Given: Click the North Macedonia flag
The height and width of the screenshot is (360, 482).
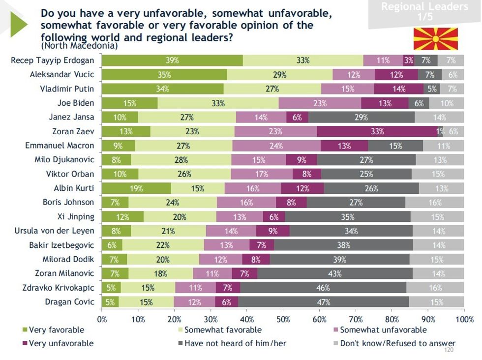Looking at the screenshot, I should pyautogui.click(x=435, y=39).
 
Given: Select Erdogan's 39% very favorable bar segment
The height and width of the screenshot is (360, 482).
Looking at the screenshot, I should pyautogui.click(x=172, y=60).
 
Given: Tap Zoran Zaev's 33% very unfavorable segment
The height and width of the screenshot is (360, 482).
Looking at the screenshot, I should pyautogui.click(x=377, y=131).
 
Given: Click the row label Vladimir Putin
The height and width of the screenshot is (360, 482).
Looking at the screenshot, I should pyautogui.click(x=67, y=89).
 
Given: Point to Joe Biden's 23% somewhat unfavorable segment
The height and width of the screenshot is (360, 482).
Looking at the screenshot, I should pyautogui.click(x=320, y=103).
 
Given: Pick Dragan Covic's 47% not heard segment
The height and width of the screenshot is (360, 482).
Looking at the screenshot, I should pyautogui.click(x=324, y=302).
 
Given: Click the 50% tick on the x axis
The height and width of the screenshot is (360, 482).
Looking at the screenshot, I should pyautogui.click(x=283, y=319).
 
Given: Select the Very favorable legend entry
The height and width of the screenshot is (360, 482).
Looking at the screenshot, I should pyautogui.click(x=53, y=330).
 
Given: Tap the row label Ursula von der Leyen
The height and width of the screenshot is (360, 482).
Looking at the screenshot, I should pyautogui.click(x=55, y=231).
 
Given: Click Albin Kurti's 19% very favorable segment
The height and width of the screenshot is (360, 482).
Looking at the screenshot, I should pyautogui.click(x=136, y=188).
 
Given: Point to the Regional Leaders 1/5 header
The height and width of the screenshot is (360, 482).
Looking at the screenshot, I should pyautogui.click(x=424, y=11).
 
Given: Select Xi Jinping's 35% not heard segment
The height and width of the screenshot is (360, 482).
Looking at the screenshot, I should pyautogui.click(x=347, y=217).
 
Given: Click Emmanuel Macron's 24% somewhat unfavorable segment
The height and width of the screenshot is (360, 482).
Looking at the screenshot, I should pyautogui.click(x=276, y=146).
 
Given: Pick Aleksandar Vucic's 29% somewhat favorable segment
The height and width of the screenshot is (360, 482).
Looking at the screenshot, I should pyautogui.click(x=280, y=75).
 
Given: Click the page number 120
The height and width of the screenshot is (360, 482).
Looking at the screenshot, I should pyautogui.click(x=448, y=350).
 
